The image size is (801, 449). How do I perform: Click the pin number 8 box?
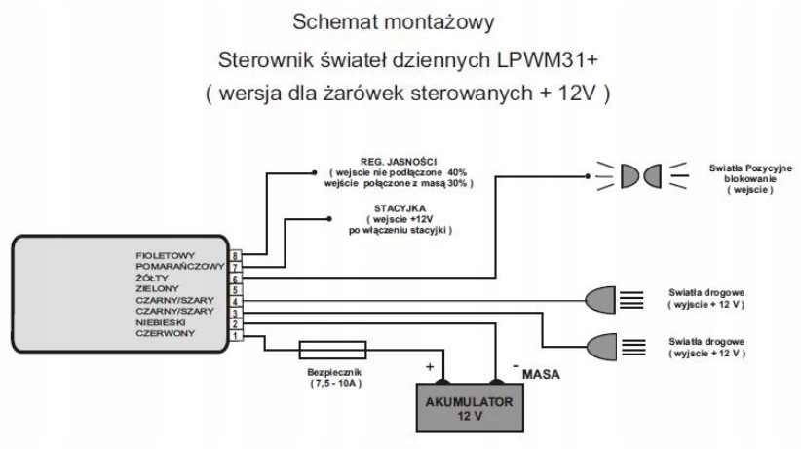coord(235,255)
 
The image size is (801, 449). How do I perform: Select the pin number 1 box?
coord(235,336)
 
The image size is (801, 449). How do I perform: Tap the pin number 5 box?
coord(235,290)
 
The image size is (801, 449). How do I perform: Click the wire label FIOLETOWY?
coord(165,255)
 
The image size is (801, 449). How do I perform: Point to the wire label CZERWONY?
coord(165,333)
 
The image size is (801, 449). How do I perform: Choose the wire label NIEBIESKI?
coord(161,322)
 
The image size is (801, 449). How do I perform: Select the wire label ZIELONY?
coord(157,288)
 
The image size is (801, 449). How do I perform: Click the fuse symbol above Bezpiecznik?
coord(332,351)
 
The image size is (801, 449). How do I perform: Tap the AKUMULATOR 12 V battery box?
coord(470,408)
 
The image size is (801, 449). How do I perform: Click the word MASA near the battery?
coord(541,374)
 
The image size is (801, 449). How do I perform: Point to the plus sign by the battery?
coord(430,367)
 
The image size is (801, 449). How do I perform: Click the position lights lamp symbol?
coord(641,175)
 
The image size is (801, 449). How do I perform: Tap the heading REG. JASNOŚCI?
coord(399,162)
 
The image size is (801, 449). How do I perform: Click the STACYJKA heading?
coord(400,208)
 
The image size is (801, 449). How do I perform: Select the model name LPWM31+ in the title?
coord(547,60)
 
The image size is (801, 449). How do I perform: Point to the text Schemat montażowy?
coord(394,22)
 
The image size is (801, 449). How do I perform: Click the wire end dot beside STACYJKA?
coord(329,219)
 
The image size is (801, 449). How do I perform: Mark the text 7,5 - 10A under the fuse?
coord(335,383)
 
